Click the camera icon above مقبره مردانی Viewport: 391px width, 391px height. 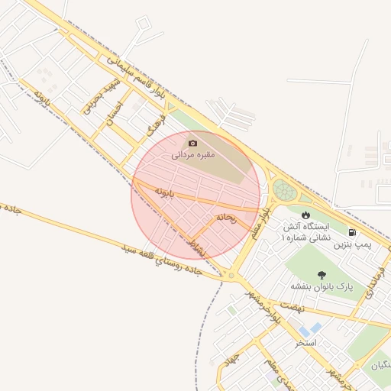coord(192,143)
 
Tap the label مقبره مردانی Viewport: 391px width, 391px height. coord(192,155)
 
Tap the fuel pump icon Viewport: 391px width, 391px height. coord(351,232)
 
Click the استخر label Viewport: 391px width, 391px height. coord(306,342)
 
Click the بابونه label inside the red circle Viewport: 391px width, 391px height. coord(166,191)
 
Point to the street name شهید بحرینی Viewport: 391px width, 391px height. coord(92,95)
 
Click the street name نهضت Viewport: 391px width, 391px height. coord(292,305)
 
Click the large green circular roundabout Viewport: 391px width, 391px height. coord(285,189)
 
